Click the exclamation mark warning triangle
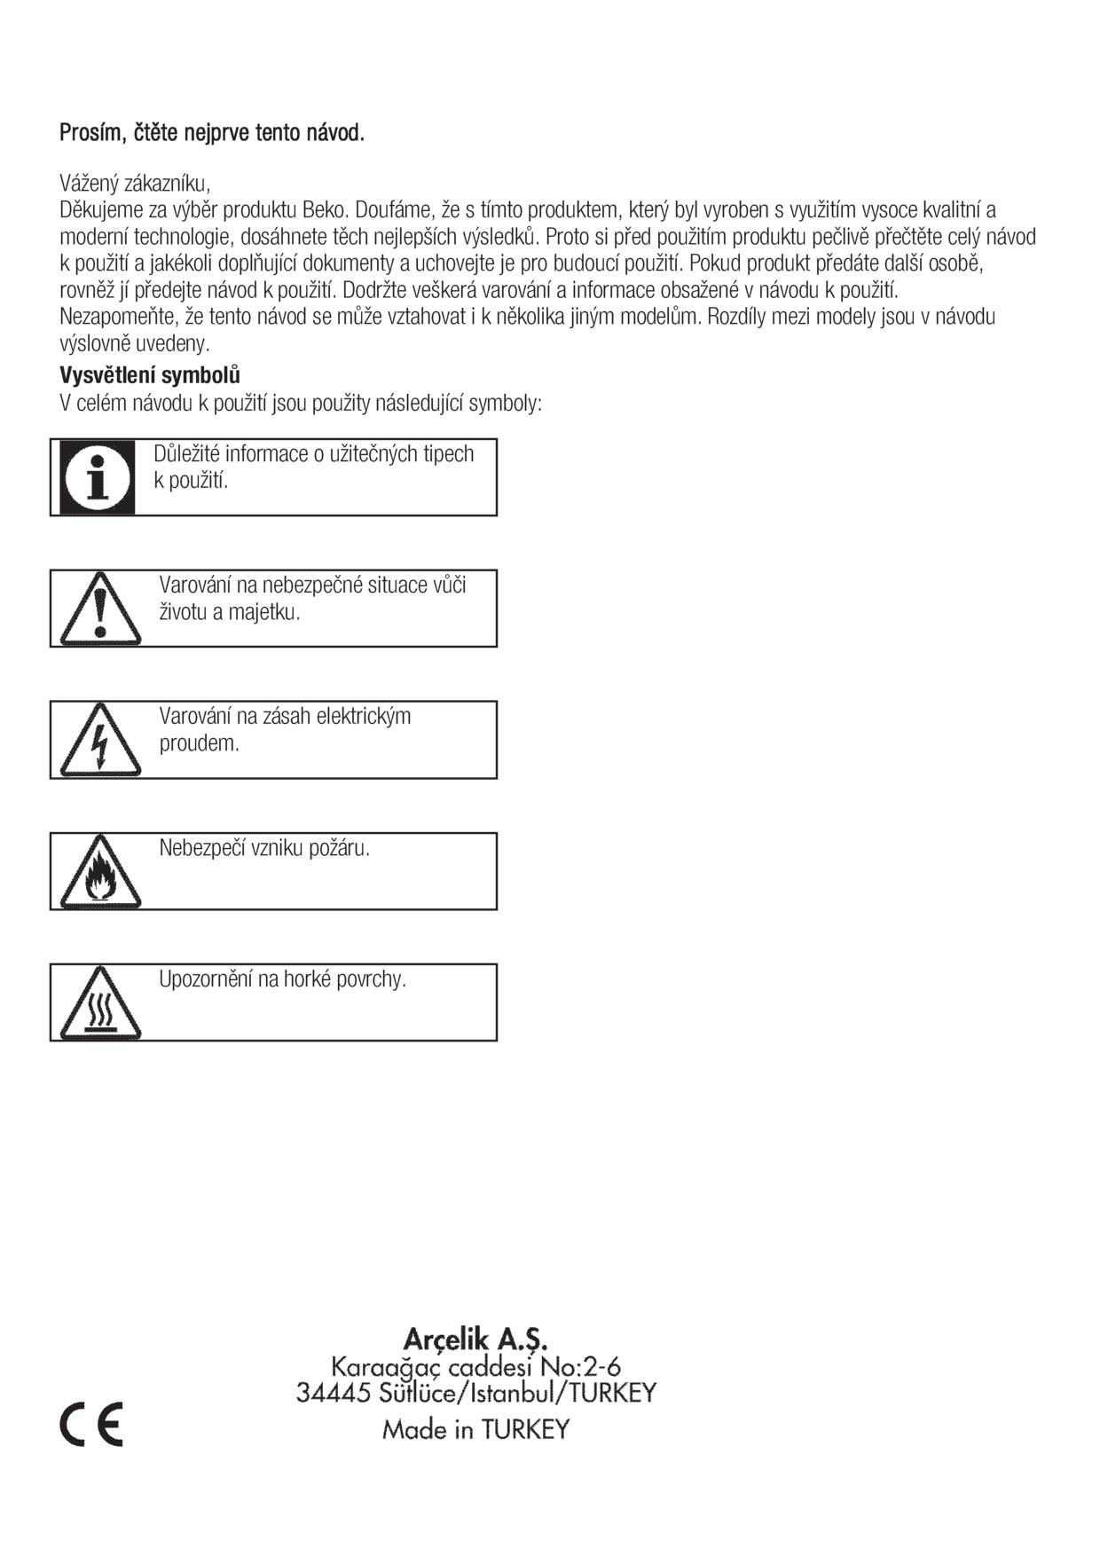(x=100, y=609)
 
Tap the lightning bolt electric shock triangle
(x=100, y=741)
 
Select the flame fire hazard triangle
(x=100, y=873)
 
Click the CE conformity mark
(x=91, y=1425)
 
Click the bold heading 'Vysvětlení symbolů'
(x=150, y=374)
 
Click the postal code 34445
(x=333, y=1393)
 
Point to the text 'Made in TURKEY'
(x=475, y=1429)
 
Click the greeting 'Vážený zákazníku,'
(x=135, y=184)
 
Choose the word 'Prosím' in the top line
(x=84, y=133)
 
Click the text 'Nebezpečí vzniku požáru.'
(x=264, y=848)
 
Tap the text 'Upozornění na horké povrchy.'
(x=282, y=979)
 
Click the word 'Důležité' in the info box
(x=186, y=453)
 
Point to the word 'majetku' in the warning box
(x=263, y=612)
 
